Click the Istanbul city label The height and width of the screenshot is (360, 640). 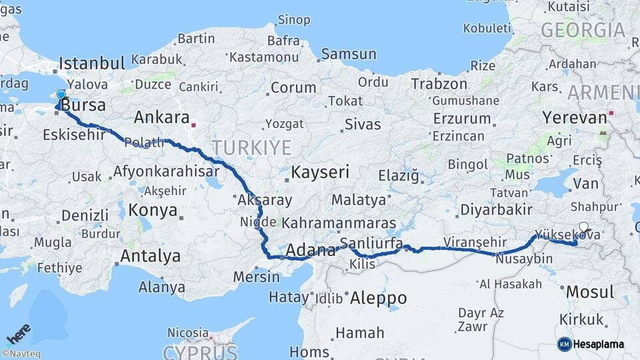click(92, 63)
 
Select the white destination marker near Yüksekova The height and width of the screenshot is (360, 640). click(584, 227)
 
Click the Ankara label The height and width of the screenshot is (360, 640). click(162, 117)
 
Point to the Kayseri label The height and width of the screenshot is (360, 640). click(320, 172)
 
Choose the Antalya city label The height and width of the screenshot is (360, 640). click(150, 255)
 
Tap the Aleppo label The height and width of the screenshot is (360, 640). click(378, 297)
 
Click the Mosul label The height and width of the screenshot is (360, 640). click(589, 292)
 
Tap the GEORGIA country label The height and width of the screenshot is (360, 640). click(583, 30)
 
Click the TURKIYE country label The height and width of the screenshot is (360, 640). click(251, 147)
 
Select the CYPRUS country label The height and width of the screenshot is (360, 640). click(201, 351)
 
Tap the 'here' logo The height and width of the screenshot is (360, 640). click(19, 334)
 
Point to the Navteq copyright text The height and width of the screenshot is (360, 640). click(21, 354)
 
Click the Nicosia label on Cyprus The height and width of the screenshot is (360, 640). click(188, 332)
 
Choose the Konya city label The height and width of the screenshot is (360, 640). click(153, 211)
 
